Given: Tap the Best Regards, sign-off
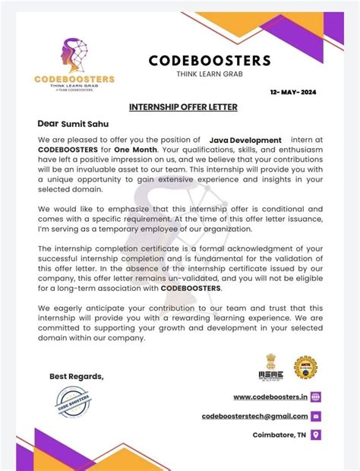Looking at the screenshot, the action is [x=77, y=377].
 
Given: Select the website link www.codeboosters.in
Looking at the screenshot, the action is [x=270, y=397].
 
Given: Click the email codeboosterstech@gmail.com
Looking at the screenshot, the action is [x=254, y=416].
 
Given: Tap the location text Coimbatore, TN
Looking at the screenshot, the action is [x=279, y=435].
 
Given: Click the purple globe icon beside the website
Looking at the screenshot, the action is [x=316, y=397].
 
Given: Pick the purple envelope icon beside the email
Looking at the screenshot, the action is [x=316, y=416].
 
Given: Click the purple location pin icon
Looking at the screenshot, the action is [x=316, y=435].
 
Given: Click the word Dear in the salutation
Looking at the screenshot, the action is [x=48, y=123].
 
